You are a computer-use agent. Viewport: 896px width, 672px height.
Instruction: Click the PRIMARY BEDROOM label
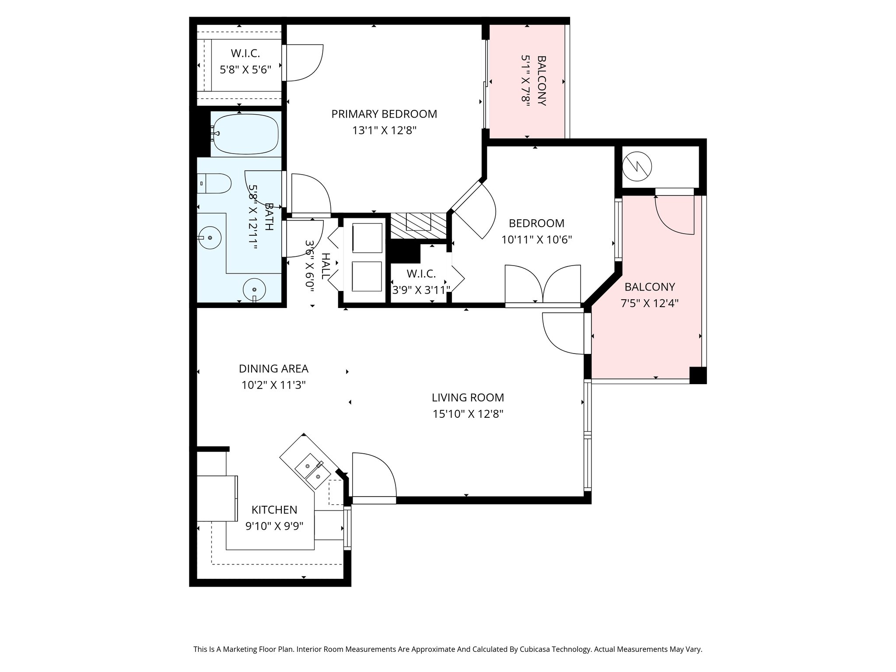pos(384,114)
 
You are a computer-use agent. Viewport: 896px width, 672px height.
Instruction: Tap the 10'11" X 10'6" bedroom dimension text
pos(537,240)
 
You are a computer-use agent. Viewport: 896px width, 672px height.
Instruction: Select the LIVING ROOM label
pos(468,398)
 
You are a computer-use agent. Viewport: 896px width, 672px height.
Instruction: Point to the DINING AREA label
pos(273,369)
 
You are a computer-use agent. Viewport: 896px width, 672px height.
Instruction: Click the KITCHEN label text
pos(274,510)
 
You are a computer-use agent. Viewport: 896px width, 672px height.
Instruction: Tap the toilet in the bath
pos(214,184)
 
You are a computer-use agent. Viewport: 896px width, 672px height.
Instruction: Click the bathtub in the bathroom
pos(245,133)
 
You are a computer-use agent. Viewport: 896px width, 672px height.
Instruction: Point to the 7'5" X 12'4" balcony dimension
pos(650,303)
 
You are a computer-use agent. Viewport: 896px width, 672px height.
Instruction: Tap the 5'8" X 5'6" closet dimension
pos(245,70)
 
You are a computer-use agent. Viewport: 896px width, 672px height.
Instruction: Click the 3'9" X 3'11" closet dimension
pos(421,290)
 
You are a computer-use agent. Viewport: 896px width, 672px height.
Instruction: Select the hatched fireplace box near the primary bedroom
pos(418,226)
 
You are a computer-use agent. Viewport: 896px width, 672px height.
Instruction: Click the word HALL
pos(326,266)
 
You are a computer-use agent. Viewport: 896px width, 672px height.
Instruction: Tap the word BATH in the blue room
pos(269,217)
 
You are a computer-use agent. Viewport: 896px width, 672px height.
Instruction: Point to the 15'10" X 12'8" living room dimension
pos(468,414)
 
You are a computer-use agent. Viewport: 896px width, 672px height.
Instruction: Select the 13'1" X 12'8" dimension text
pos(384,130)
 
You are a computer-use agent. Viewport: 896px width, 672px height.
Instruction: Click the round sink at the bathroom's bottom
pos(254,290)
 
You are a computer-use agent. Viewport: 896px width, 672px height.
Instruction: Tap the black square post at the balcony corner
pos(698,375)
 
